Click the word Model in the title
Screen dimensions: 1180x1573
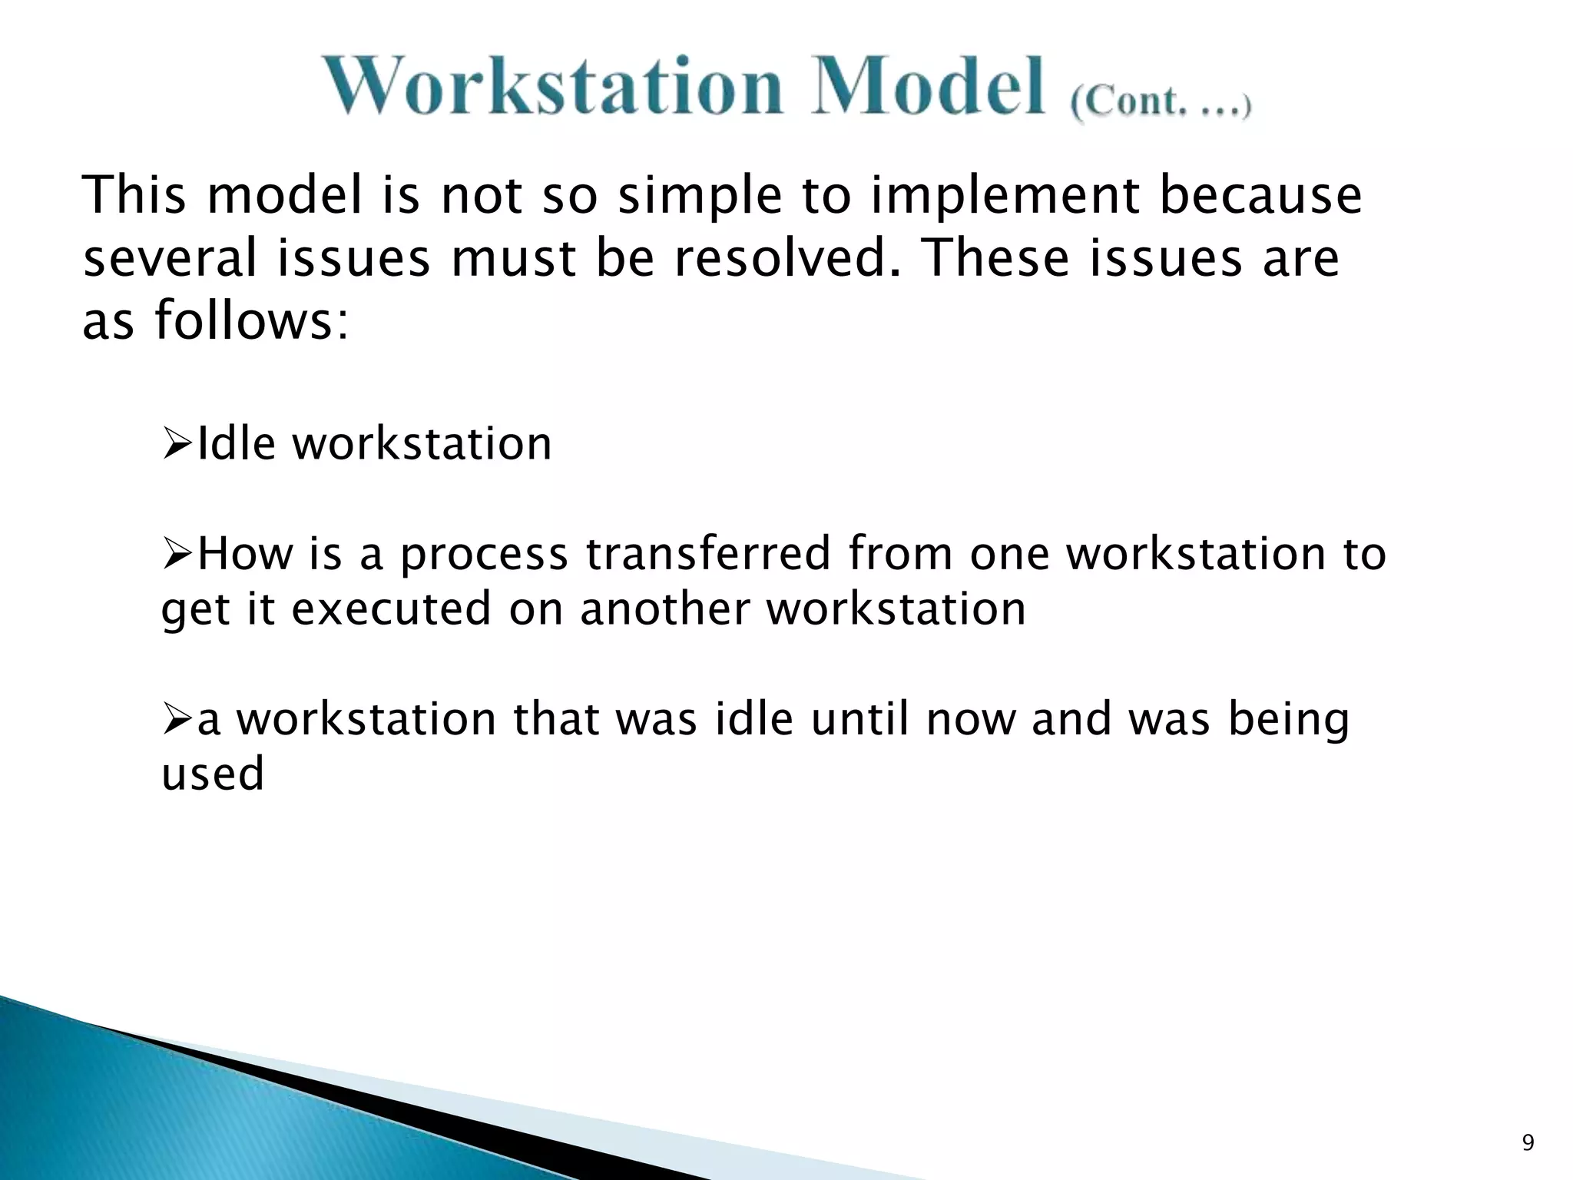[928, 86]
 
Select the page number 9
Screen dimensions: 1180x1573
[1528, 1142]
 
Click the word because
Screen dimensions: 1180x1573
[1260, 195]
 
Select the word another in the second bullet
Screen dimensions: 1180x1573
[664, 608]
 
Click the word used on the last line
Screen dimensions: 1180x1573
[213, 774]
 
